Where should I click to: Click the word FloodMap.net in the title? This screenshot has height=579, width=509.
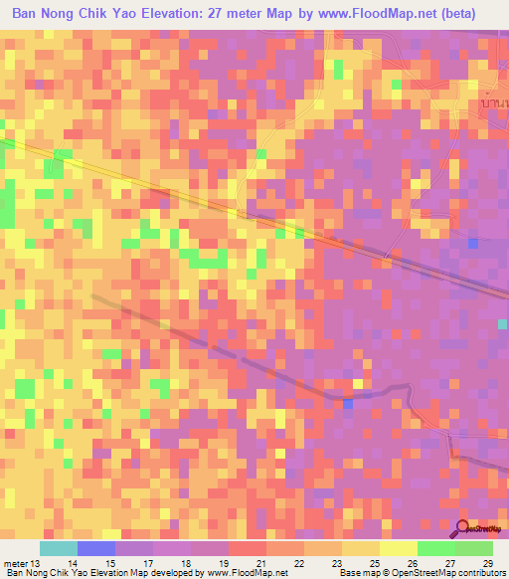point(394,13)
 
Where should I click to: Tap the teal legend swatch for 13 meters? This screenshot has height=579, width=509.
point(59,548)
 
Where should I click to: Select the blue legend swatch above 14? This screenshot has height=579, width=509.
point(96,548)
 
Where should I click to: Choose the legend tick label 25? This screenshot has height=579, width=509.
point(383,563)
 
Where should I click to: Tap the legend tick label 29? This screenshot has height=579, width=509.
point(486,563)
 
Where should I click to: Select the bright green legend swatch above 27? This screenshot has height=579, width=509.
point(435,548)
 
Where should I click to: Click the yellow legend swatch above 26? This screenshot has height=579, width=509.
point(398,548)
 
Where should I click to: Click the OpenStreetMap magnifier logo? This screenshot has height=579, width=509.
point(464,528)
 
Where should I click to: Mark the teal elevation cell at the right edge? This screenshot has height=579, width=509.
point(503,324)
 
